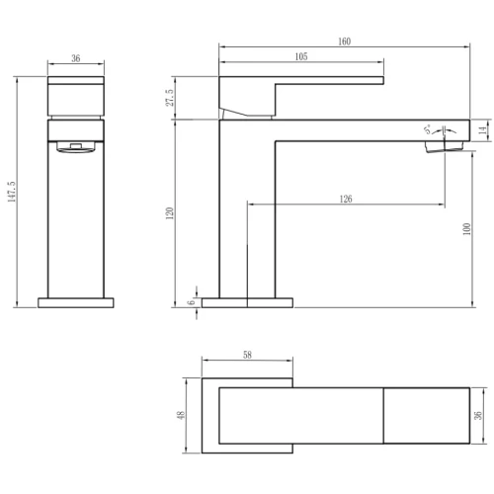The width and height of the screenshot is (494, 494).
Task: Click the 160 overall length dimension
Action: click(344, 41)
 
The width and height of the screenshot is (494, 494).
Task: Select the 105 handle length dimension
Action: click(301, 56)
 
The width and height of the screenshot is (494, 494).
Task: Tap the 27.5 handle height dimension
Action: click(170, 98)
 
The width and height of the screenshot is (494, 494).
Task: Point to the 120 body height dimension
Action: click(170, 213)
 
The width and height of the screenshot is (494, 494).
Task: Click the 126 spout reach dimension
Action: click(346, 199)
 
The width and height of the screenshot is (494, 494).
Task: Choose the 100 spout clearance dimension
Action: click(466, 229)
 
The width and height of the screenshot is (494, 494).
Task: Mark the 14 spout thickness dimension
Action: click(483, 130)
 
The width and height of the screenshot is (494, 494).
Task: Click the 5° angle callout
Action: click(428, 129)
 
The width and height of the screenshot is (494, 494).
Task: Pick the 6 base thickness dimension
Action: click(192, 302)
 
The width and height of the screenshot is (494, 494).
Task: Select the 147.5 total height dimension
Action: click(12, 192)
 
